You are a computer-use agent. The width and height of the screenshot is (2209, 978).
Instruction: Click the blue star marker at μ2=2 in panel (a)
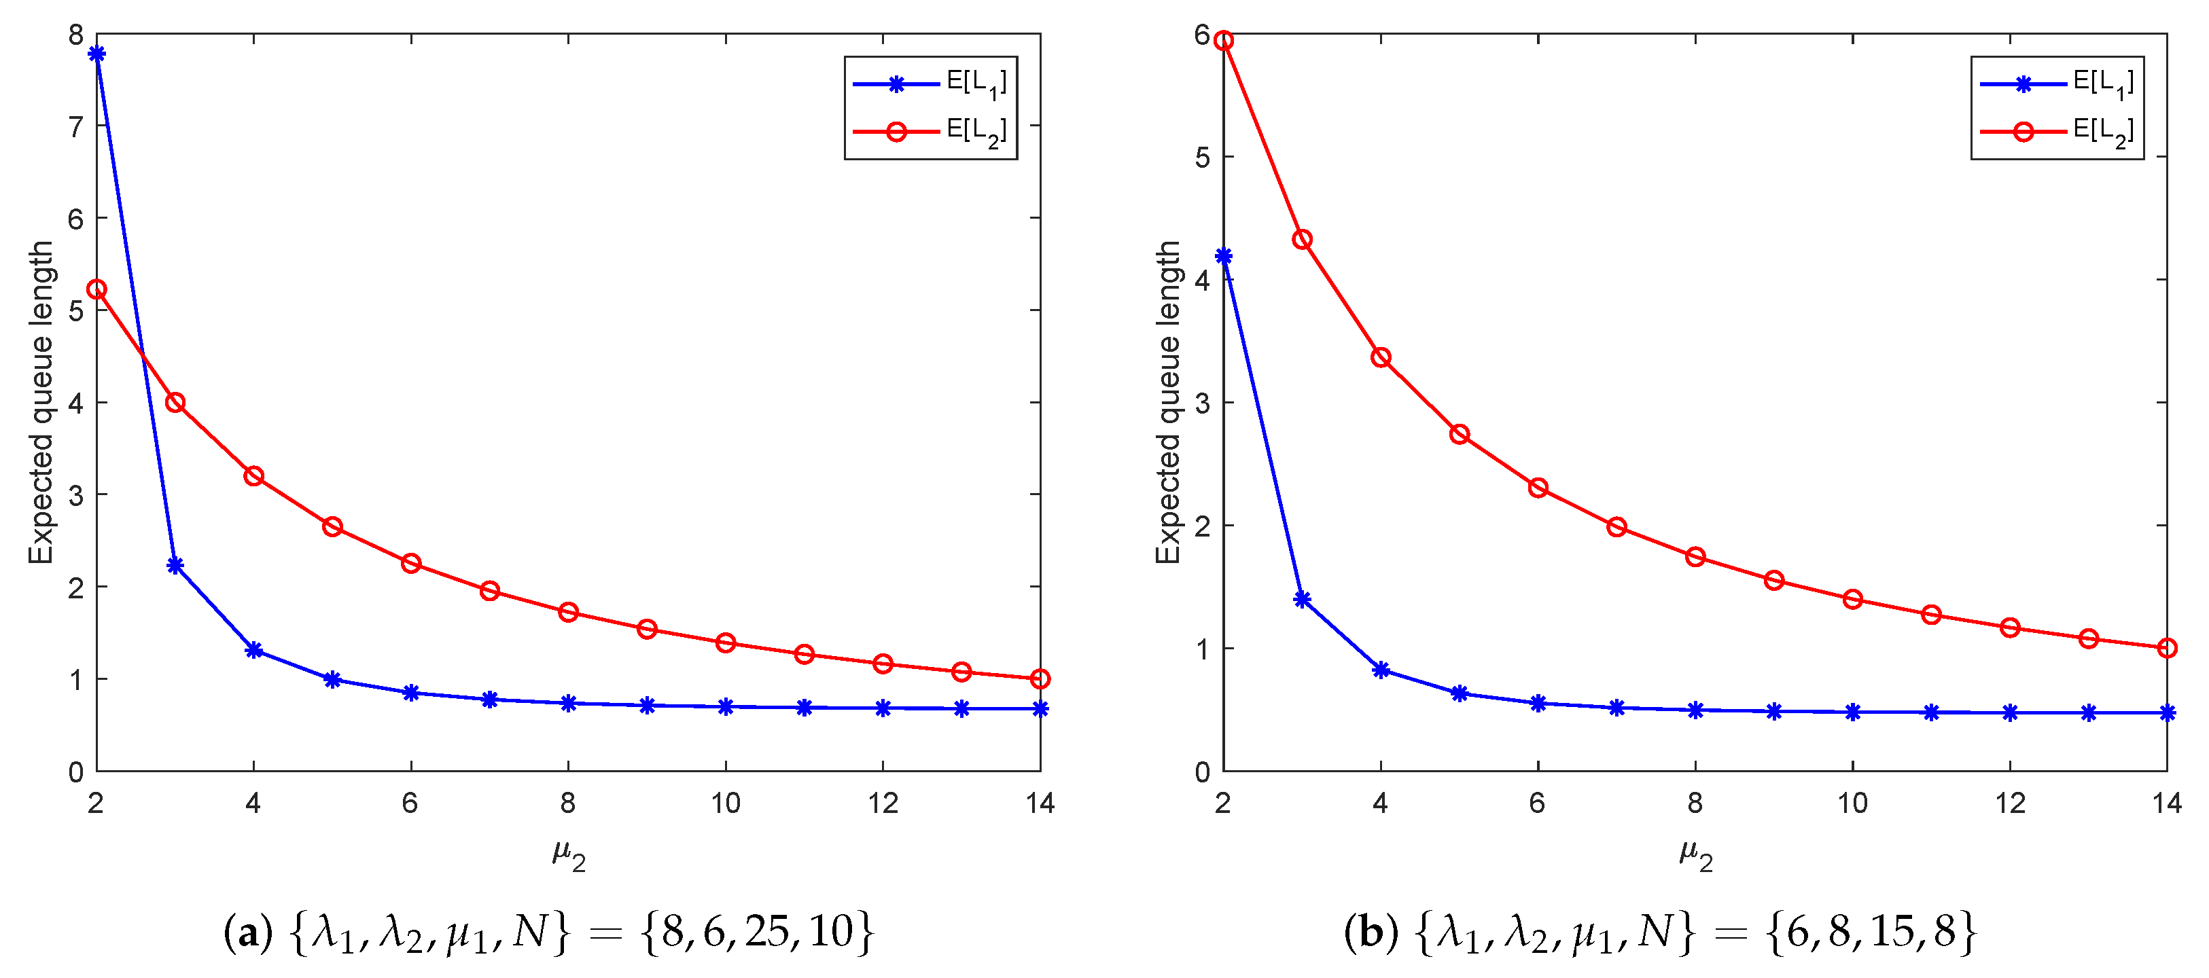point(97,54)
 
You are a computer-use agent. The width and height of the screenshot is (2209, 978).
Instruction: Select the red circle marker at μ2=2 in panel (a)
point(97,290)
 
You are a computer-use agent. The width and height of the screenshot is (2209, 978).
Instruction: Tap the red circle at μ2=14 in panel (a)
point(1040,679)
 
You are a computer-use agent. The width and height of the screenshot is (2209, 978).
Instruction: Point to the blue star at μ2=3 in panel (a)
point(175,566)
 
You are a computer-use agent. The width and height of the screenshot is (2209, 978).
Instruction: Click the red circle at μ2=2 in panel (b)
point(1224,40)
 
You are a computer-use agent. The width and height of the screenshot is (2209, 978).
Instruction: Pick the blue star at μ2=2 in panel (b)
point(1224,256)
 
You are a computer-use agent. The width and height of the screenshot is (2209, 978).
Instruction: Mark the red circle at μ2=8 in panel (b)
point(1695,557)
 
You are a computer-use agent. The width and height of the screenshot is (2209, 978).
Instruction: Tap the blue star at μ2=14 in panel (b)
point(2167,713)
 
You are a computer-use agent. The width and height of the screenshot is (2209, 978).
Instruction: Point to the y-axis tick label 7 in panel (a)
point(76,127)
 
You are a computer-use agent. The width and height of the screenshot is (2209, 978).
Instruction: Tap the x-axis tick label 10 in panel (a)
point(726,804)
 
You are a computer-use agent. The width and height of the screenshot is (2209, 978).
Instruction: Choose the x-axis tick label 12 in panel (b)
point(2010,804)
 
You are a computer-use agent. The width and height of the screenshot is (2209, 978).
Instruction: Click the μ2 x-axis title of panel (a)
point(569,854)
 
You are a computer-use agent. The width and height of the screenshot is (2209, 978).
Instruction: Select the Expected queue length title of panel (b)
point(1168,403)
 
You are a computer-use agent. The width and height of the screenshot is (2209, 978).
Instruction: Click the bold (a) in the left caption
point(248,932)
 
